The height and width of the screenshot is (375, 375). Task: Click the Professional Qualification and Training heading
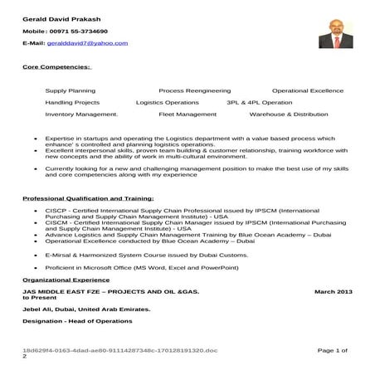88,199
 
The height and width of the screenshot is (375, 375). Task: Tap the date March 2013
334,292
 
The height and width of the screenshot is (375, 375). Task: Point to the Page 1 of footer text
332,352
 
